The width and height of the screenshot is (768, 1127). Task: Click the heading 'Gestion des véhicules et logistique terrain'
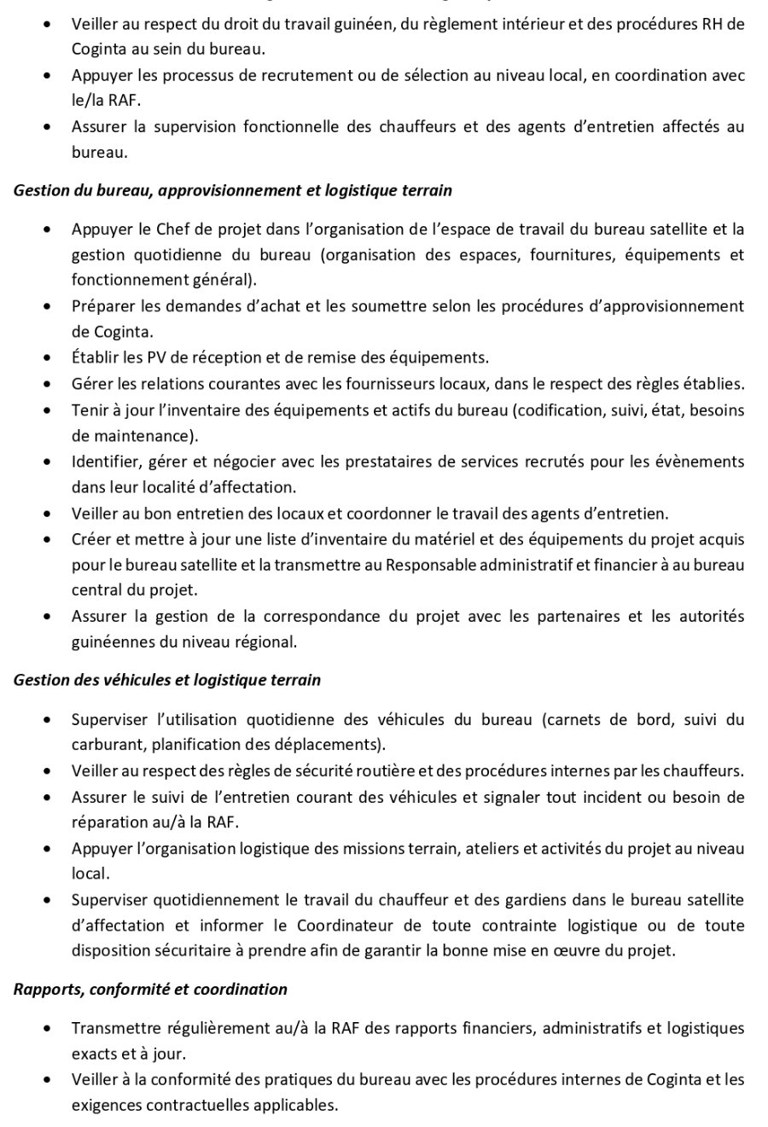click(x=167, y=680)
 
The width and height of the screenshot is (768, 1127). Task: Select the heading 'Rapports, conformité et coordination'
click(x=150, y=990)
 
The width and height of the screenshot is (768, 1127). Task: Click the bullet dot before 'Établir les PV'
click(x=49, y=358)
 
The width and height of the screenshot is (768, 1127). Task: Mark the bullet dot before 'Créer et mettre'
click(x=49, y=539)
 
